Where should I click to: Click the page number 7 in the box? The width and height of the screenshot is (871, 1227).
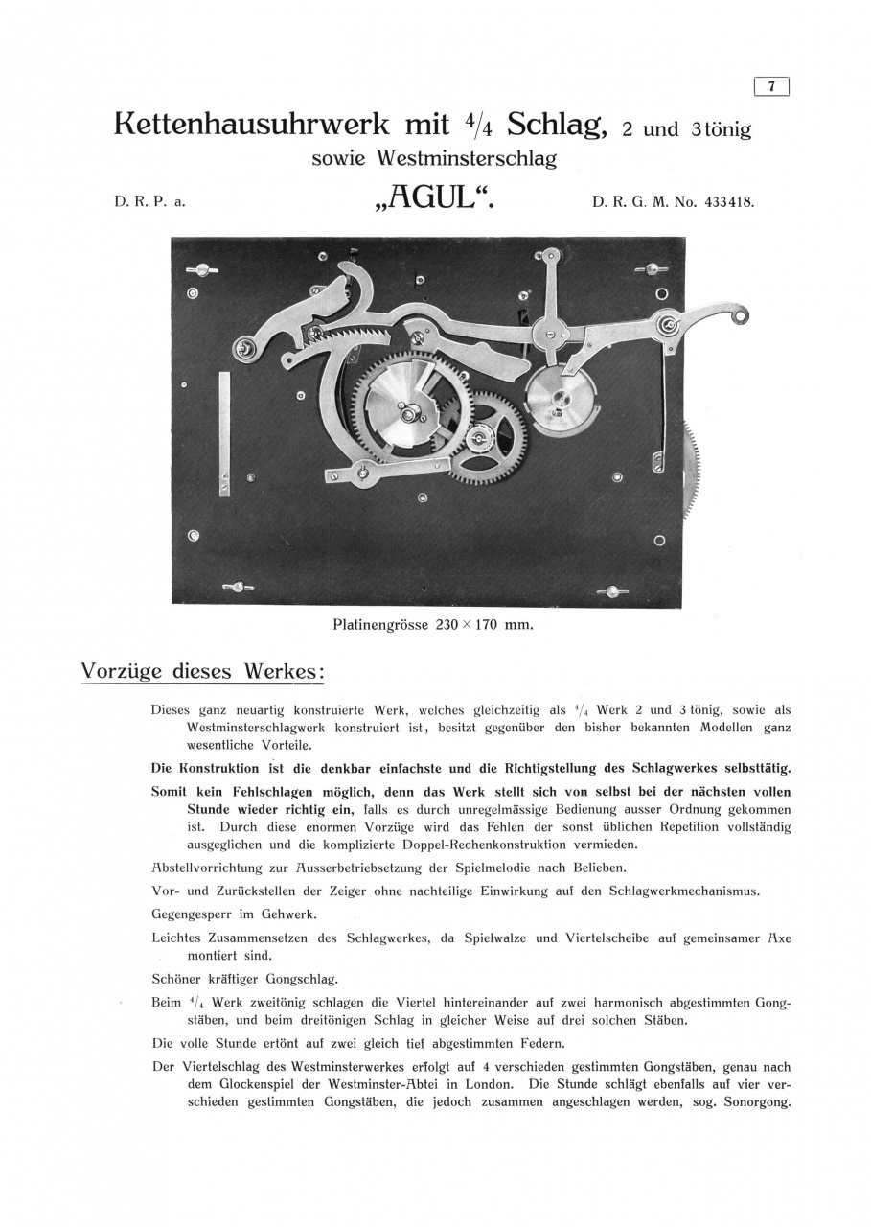[x=772, y=87]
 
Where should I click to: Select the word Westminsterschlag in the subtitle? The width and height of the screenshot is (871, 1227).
[x=476, y=159]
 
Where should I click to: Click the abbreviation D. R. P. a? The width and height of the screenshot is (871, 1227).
[x=143, y=202]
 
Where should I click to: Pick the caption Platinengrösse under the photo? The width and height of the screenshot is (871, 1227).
[x=379, y=625]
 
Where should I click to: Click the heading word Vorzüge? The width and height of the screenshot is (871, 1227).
[x=123, y=671]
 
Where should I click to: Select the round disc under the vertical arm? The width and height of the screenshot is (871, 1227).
[x=560, y=395]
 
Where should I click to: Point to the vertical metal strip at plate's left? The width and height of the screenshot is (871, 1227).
[x=224, y=431]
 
